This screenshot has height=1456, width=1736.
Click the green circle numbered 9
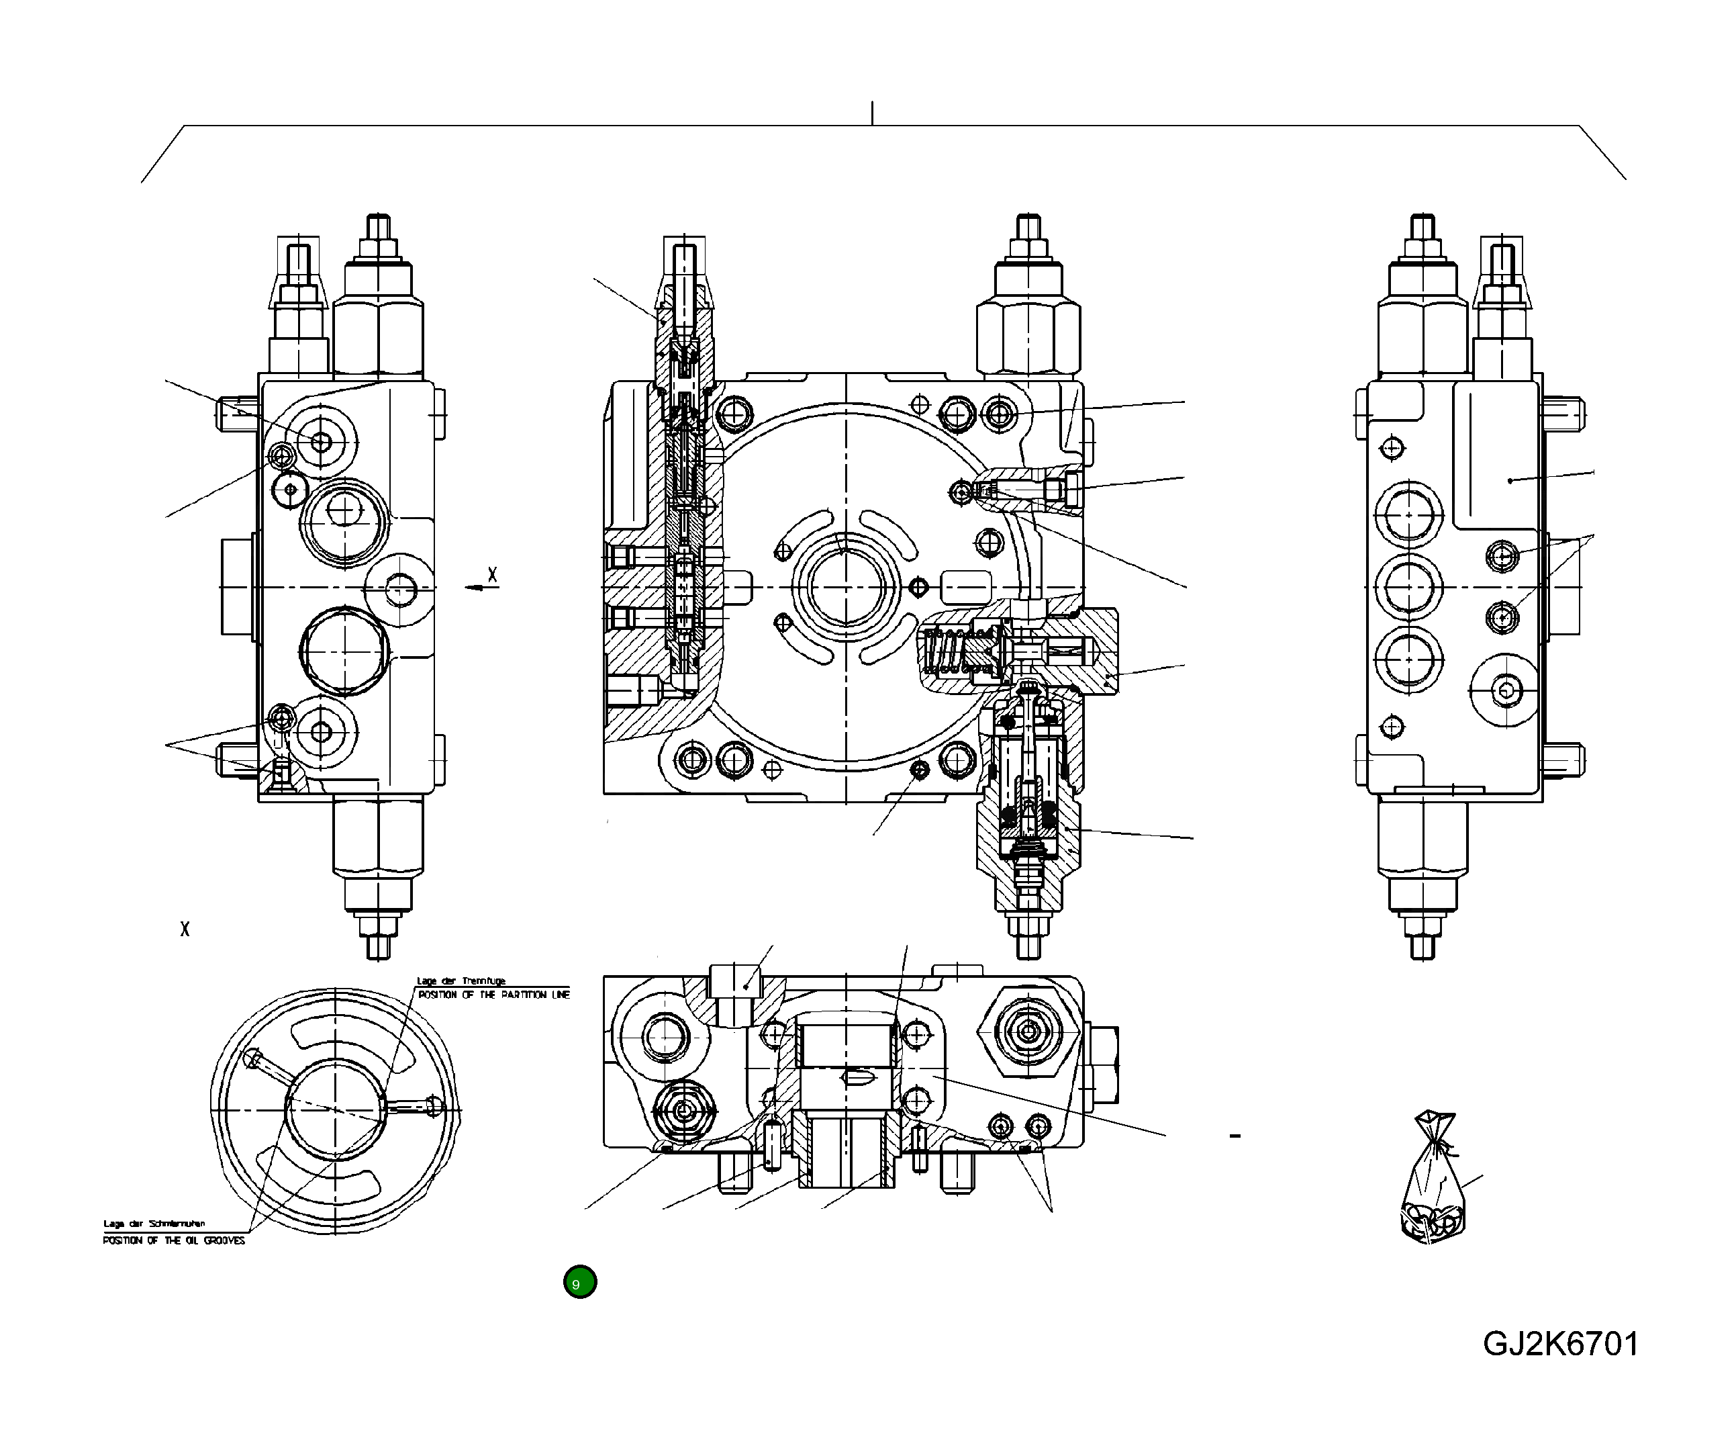click(x=579, y=1281)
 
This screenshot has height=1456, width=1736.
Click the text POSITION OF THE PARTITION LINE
click(x=493, y=995)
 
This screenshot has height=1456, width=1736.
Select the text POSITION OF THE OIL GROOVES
click(x=174, y=1240)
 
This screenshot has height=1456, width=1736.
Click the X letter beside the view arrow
click(x=493, y=575)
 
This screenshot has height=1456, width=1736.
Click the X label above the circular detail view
click(x=185, y=929)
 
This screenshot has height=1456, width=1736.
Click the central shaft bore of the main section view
click(x=846, y=587)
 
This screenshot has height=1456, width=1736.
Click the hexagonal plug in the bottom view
click(x=1029, y=1031)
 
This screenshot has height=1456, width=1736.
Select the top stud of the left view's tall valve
click(x=378, y=228)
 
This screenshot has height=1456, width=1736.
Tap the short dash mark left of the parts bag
click(x=1235, y=1136)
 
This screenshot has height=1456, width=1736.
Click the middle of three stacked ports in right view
click(x=1408, y=587)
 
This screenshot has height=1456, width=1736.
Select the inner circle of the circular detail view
click(x=336, y=1109)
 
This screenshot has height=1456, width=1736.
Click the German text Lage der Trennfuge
click(x=461, y=981)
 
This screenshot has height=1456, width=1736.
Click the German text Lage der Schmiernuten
click(x=154, y=1224)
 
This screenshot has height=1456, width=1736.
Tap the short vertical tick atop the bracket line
click(x=872, y=113)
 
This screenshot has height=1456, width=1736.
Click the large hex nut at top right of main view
click(x=1028, y=335)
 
